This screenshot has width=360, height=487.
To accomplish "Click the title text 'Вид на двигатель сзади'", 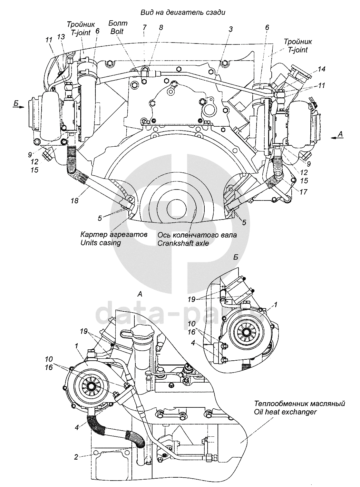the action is (x=183, y=13).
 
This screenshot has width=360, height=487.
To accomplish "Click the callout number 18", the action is (x=75, y=200).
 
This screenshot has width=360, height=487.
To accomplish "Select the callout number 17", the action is (x=303, y=192).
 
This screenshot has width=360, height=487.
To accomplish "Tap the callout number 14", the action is (x=321, y=69).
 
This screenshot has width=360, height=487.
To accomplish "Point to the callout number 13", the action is (x=61, y=36).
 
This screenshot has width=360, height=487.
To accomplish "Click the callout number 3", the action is (x=230, y=29).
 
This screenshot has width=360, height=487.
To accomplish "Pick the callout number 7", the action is (x=144, y=27).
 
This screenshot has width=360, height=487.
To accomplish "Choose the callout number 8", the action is (x=161, y=27).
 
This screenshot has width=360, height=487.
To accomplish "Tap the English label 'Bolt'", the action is (x=117, y=31).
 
